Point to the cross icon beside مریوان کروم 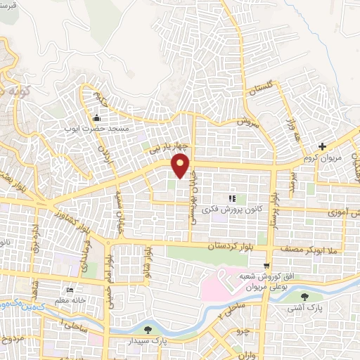coord(322,147)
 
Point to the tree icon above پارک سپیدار coord(147,329)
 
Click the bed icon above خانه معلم coord(69,290)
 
